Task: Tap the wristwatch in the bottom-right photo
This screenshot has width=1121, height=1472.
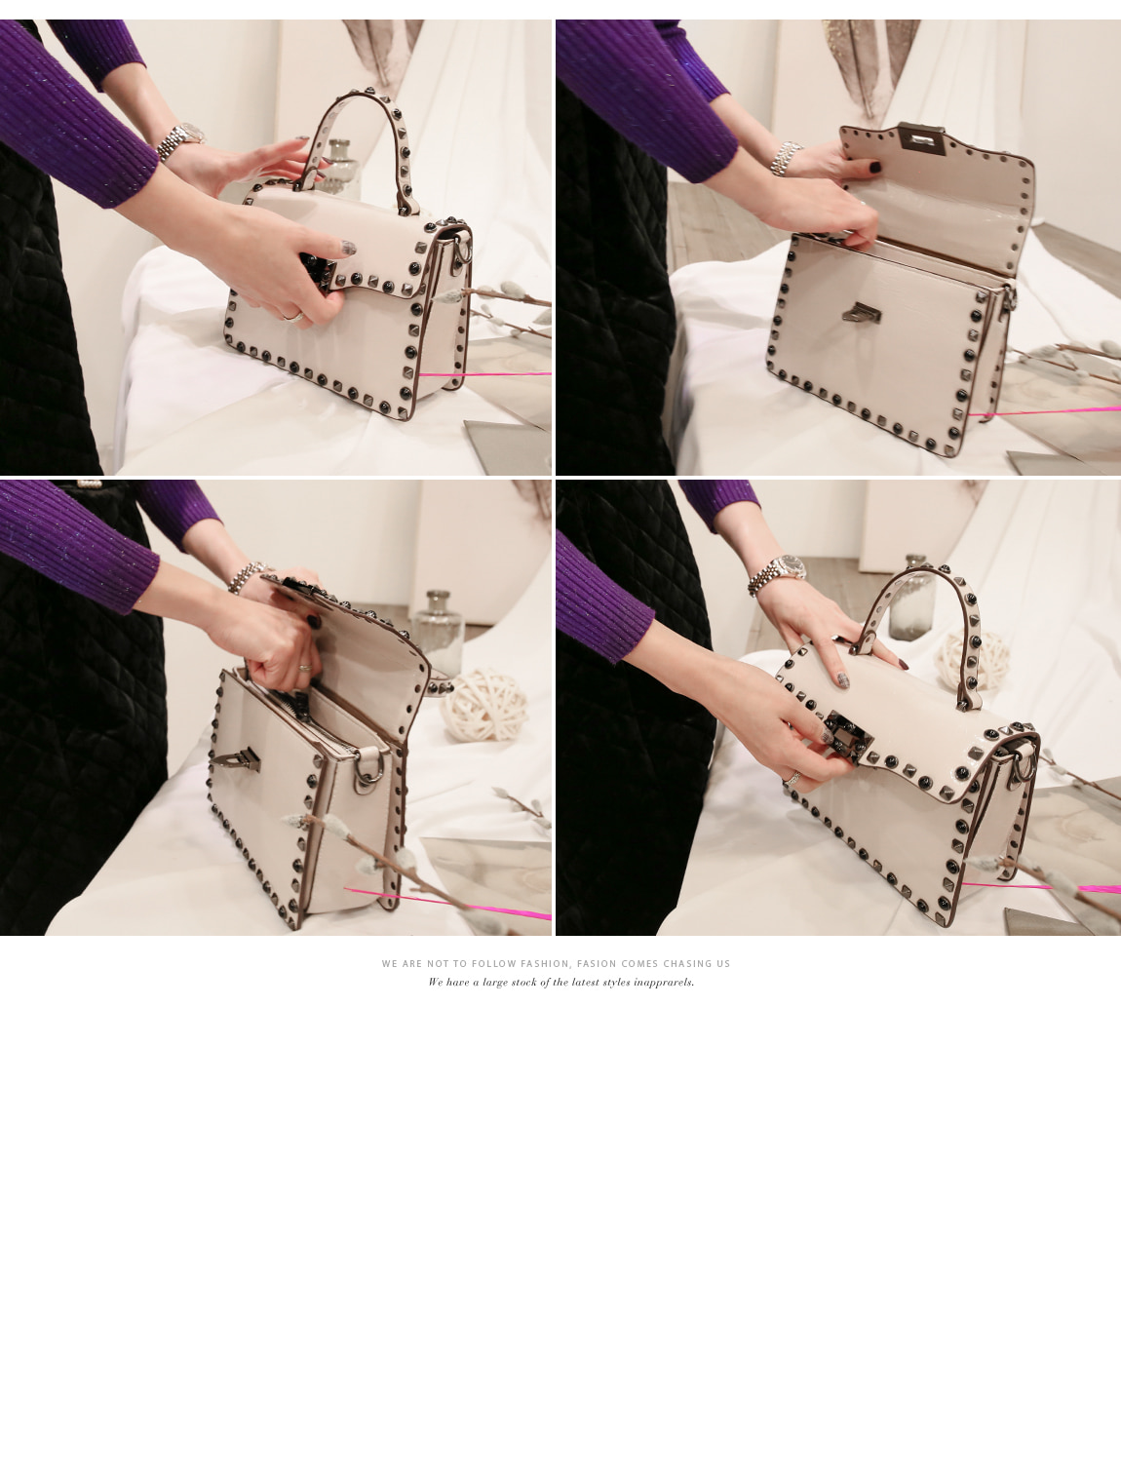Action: click(779, 573)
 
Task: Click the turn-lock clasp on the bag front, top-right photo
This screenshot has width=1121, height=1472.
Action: click(862, 312)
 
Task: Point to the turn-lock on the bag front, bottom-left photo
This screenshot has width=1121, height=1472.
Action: click(235, 759)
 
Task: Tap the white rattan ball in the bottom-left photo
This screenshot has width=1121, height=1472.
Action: click(484, 705)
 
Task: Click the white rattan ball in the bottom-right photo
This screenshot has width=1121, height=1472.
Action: click(972, 660)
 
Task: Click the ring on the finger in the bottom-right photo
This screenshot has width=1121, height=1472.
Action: click(793, 779)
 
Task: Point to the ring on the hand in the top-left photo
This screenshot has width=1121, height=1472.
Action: click(293, 317)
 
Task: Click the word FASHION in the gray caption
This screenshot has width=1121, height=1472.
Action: click(545, 964)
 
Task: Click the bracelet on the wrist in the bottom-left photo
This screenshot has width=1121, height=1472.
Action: click(246, 577)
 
